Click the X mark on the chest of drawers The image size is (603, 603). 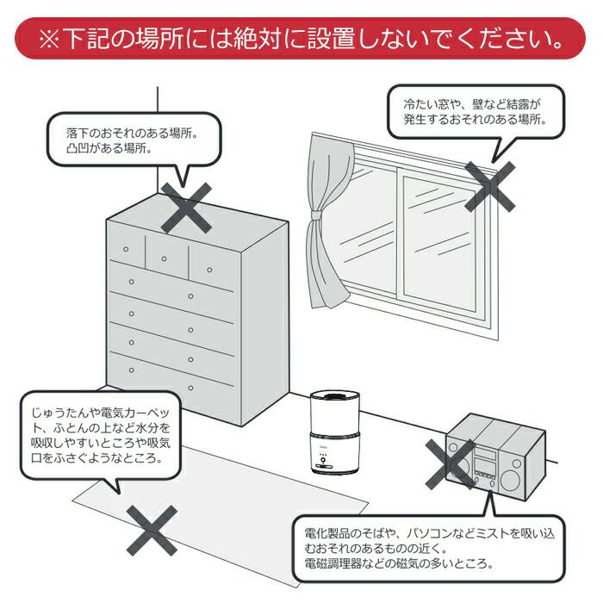coord(186,208)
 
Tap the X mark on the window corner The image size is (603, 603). coord(489,185)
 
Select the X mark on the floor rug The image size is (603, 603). coord(152,529)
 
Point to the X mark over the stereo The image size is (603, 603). coord(449,463)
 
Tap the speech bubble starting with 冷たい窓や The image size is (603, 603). coord(474,111)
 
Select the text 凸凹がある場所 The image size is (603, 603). coord(109,148)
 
